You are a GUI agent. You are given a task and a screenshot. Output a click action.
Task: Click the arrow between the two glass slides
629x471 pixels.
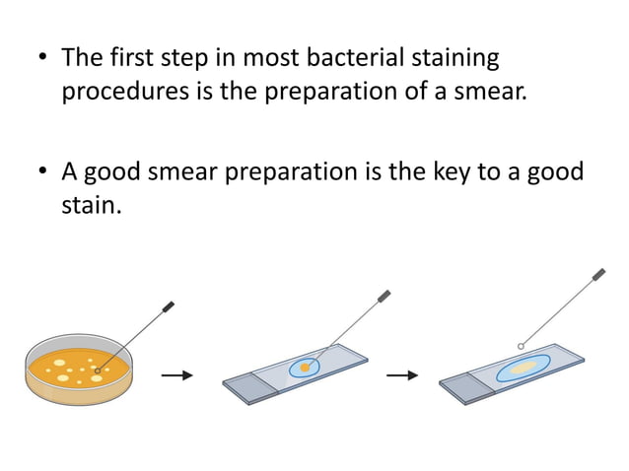coord(401,375)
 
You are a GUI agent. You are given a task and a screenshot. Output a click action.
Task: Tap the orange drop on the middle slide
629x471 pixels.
coord(306,369)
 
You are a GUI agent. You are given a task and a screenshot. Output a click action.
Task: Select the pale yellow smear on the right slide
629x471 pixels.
coord(524,367)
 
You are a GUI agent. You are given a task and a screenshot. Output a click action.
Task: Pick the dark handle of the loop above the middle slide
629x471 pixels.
coord(384,295)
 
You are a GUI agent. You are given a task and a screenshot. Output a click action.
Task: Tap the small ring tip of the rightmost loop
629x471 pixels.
coord(520,345)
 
